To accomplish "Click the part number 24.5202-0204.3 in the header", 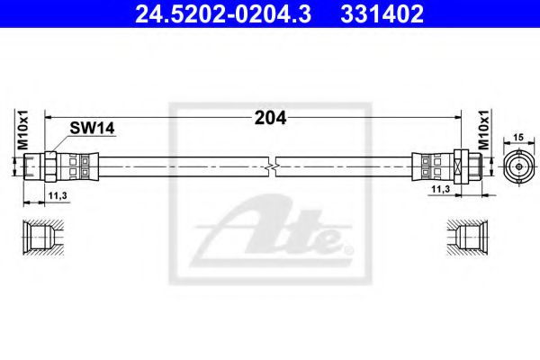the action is pos(223,14).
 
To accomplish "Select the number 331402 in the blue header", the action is pos(382,14).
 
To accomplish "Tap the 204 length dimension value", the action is pos(270,118).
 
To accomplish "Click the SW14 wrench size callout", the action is pos(92,129).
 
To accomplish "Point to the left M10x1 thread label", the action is pos(23,130).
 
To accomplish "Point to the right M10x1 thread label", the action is pos(483,130).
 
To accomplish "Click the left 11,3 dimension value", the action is pos(58,196).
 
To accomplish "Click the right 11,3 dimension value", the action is pos(441,189).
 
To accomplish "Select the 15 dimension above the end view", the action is pos(518,137).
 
